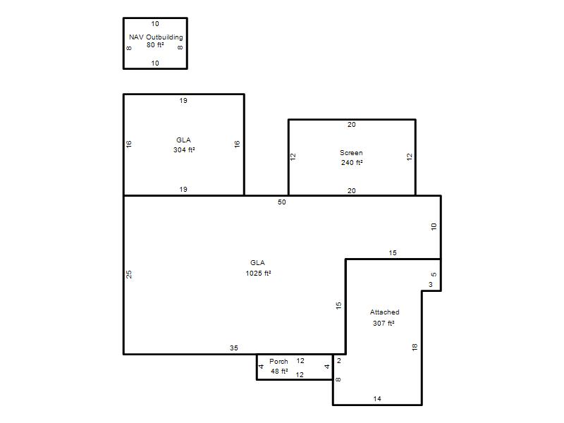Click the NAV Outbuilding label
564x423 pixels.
click(x=156, y=37)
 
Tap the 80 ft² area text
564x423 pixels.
click(x=155, y=45)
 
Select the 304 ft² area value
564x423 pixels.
click(x=184, y=149)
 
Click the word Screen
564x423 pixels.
click(x=351, y=152)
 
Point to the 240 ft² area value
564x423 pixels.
click(x=352, y=163)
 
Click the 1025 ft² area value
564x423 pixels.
click(x=258, y=274)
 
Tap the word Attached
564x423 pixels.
click(x=384, y=312)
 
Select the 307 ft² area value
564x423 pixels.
click(x=384, y=323)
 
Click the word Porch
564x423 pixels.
click(x=278, y=361)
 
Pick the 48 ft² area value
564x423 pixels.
click(x=279, y=372)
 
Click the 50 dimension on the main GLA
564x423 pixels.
click(x=281, y=202)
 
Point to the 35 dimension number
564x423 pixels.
click(x=234, y=348)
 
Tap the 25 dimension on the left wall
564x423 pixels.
click(x=129, y=274)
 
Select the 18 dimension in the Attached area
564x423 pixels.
click(x=415, y=347)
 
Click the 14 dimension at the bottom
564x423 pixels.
click(x=377, y=398)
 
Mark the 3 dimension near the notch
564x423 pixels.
click(x=431, y=285)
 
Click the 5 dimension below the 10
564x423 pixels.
click(x=434, y=274)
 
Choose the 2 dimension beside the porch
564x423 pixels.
click(x=339, y=361)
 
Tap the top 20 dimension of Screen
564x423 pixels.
click(x=351, y=125)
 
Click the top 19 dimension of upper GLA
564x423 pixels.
click(x=183, y=101)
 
